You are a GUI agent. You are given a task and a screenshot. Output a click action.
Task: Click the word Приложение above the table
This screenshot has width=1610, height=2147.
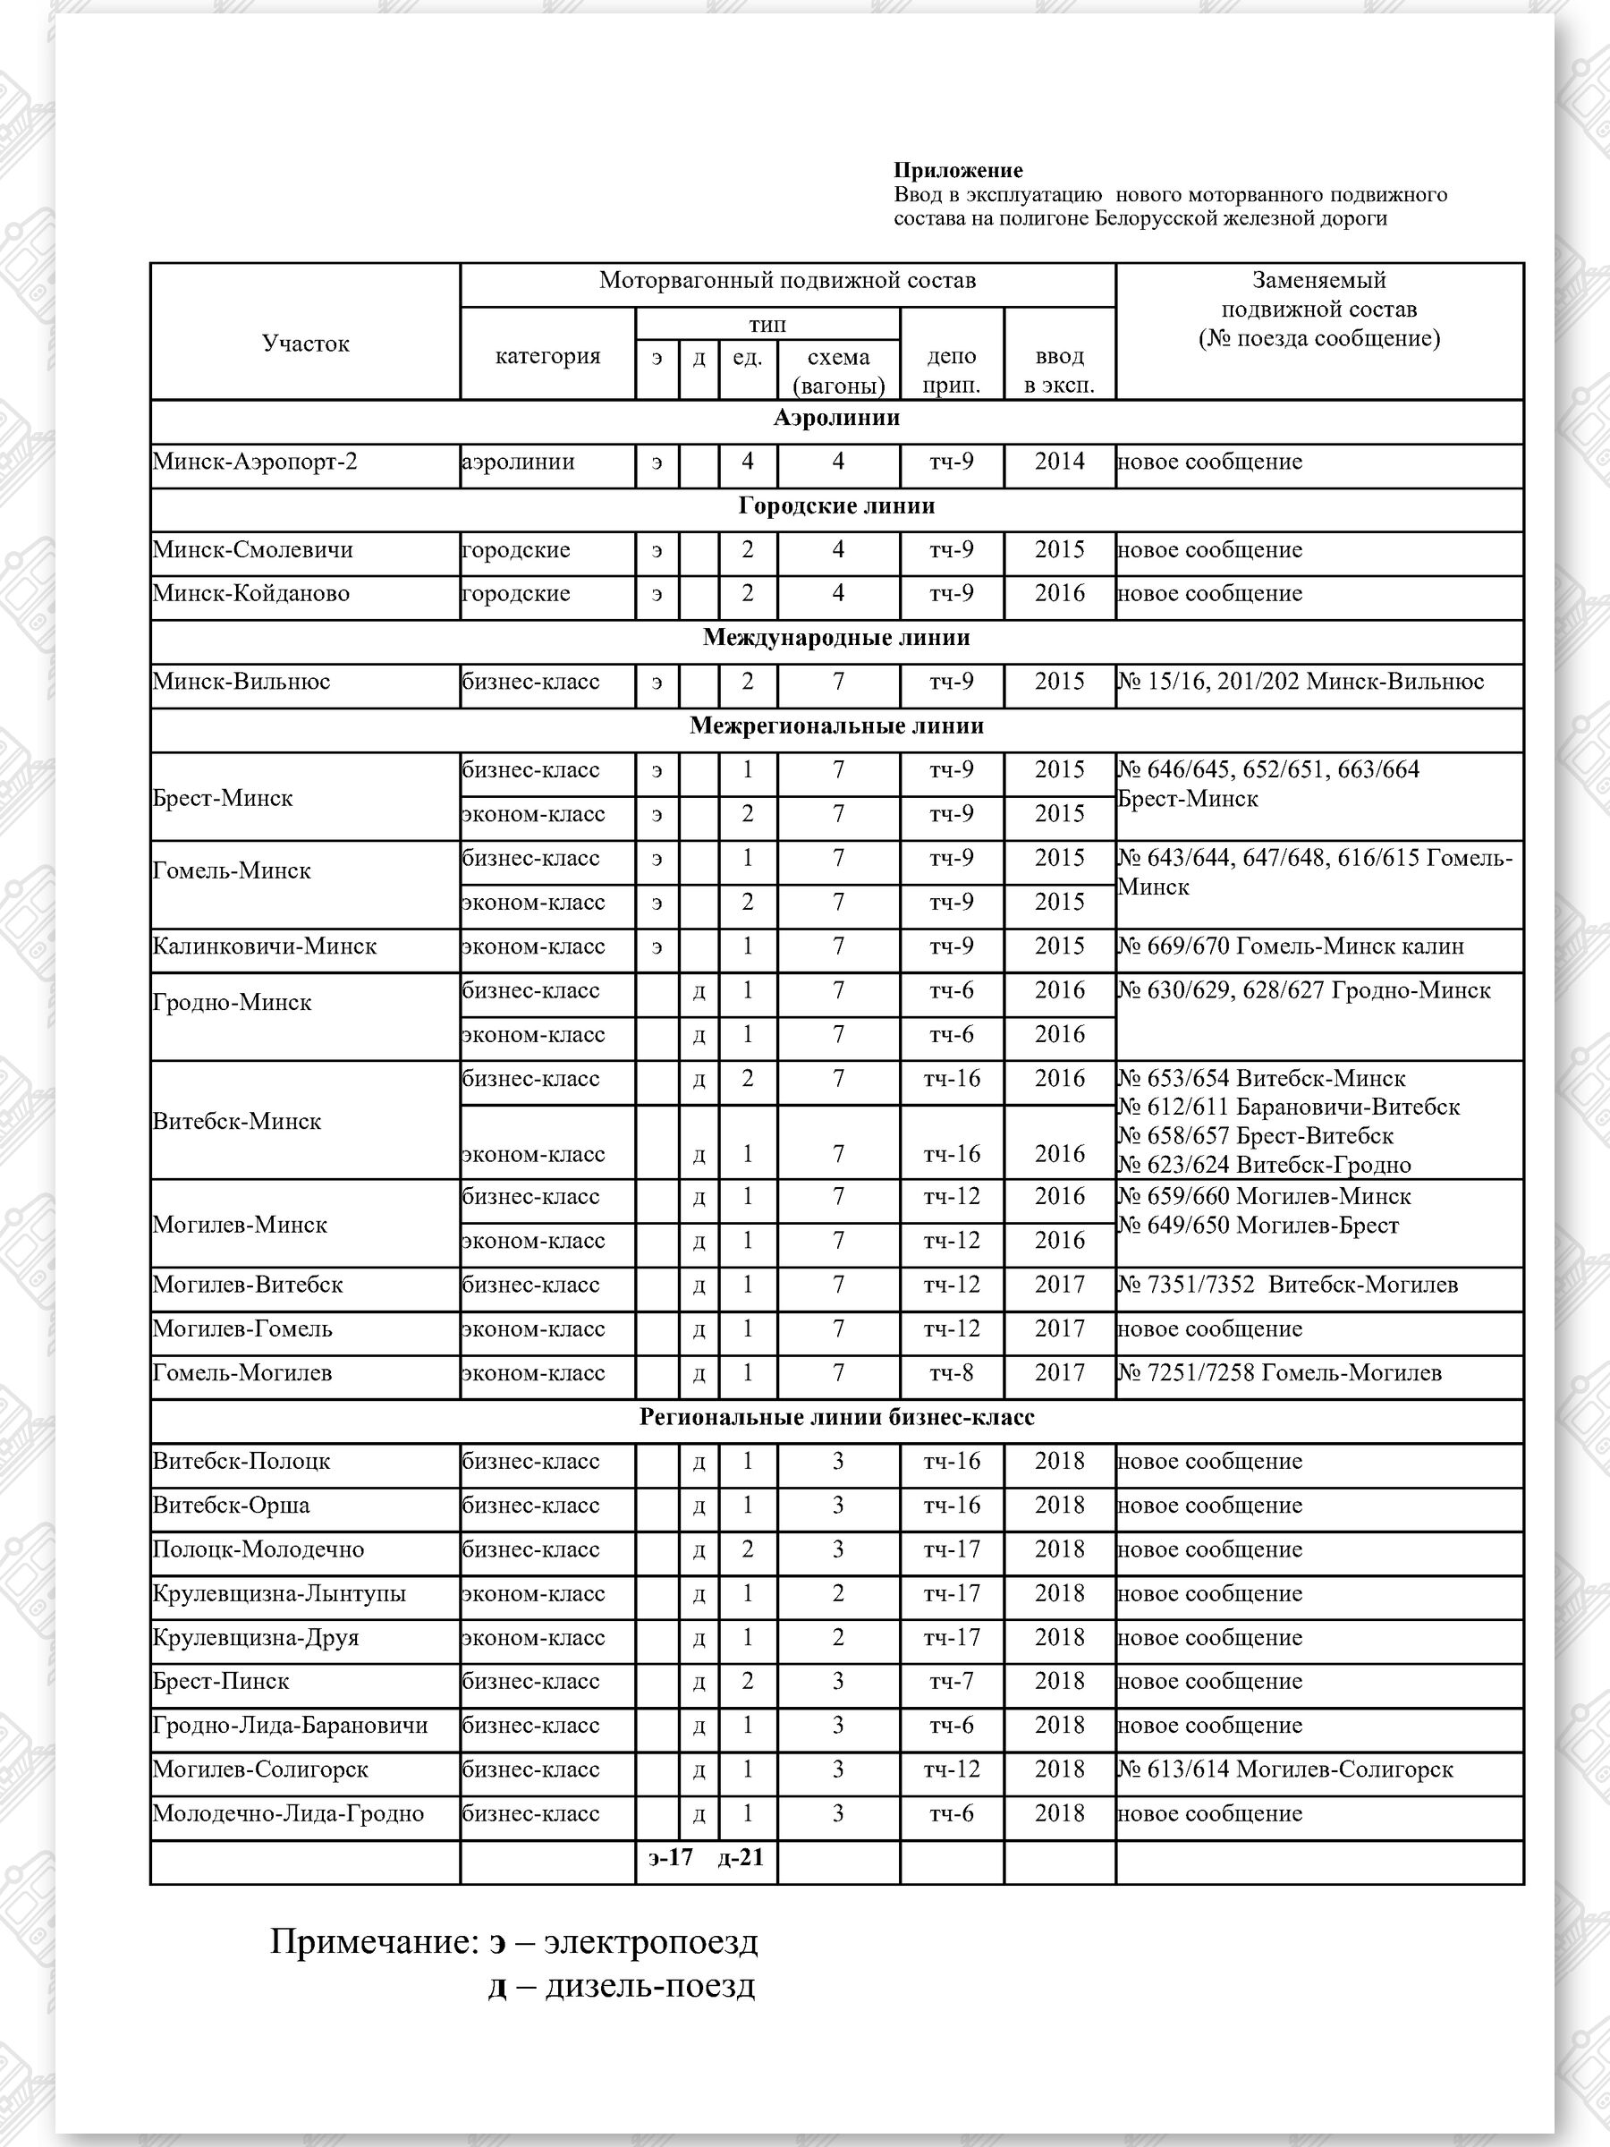click(x=958, y=171)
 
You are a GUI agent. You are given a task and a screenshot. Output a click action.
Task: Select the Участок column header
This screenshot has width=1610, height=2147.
click(x=305, y=344)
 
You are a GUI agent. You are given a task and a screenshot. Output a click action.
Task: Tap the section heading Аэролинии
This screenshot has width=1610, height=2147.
click(x=835, y=419)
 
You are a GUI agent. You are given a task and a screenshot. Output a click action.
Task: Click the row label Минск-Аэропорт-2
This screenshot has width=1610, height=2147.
click(x=254, y=462)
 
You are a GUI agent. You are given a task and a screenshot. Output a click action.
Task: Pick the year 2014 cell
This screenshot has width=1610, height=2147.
click(x=1059, y=462)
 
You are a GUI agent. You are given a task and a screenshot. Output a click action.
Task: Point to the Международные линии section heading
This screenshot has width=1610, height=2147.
click(x=835, y=638)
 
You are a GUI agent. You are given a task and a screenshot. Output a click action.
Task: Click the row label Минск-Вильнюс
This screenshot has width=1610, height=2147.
click(x=241, y=682)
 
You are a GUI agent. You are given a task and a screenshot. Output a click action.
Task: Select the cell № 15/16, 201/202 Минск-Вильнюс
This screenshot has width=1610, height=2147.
click(x=1301, y=682)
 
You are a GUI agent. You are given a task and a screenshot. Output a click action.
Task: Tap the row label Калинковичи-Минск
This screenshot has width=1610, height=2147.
click(x=264, y=946)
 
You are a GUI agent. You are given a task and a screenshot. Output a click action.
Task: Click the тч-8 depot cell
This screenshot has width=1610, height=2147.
click(x=951, y=1373)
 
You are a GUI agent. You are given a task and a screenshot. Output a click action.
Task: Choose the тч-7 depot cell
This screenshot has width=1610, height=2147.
click(x=951, y=1682)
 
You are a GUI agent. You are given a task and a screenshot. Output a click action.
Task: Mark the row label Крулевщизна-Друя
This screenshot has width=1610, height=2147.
click(x=255, y=1638)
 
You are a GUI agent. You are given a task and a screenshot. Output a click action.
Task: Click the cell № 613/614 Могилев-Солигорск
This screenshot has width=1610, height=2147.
click(x=1285, y=1769)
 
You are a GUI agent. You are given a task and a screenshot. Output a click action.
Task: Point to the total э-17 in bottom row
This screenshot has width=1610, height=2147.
click(x=671, y=1858)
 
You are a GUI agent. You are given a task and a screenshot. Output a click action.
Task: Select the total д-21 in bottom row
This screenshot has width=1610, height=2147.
click(x=741, y=1858)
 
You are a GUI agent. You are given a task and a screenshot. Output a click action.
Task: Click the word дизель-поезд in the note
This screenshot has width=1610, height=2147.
click(x=650, y=1986)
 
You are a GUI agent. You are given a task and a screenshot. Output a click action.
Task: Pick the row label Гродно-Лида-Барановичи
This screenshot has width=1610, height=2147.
click(x=289, y=1726)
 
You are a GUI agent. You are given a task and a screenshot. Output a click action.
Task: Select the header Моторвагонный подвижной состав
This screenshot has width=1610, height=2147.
click(x=787, y=282)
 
